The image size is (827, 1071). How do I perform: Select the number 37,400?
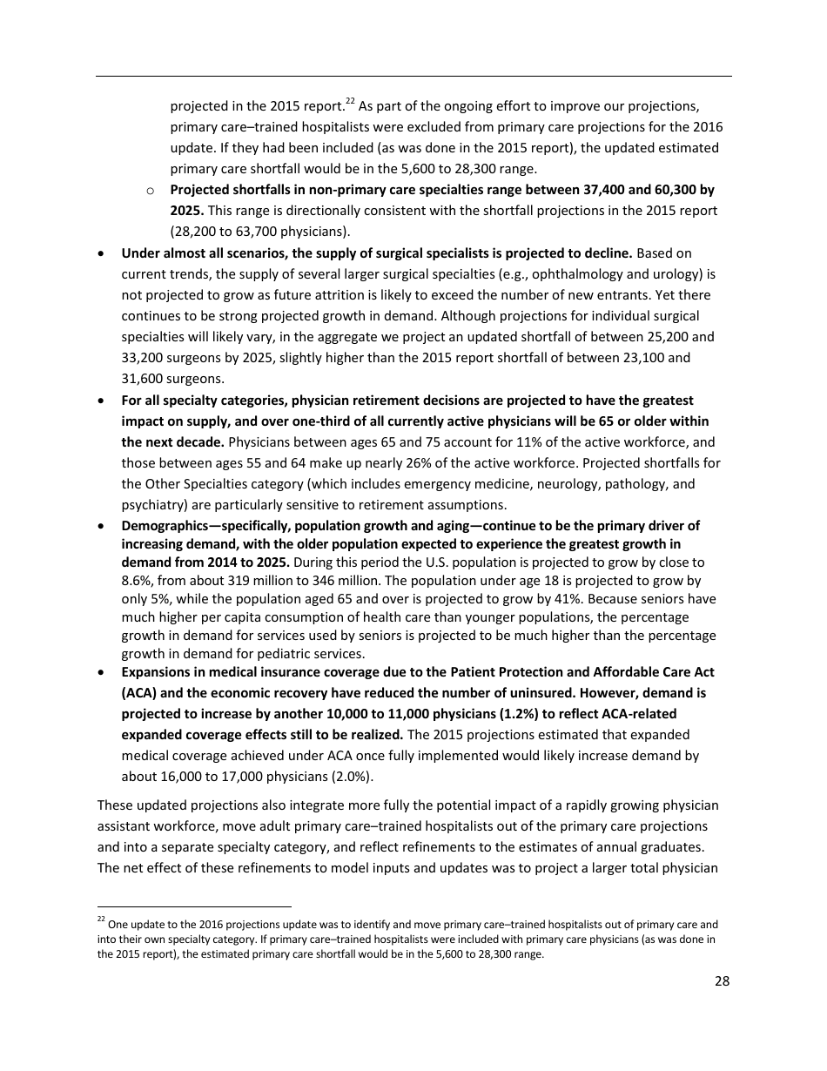click(612, 189)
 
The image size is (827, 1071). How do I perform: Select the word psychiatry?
click(151, 505)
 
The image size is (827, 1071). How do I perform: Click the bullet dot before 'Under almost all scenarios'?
click(104, 253)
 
